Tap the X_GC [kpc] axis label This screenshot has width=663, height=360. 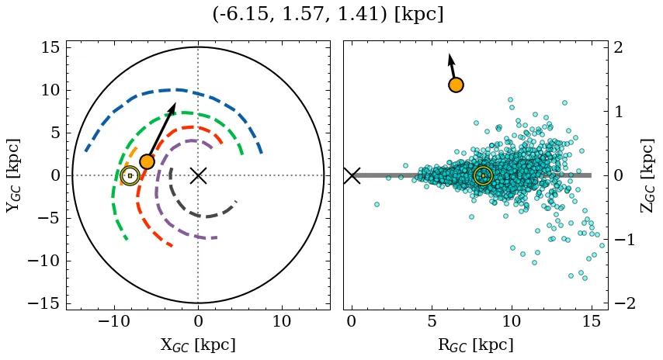tap(198, 344)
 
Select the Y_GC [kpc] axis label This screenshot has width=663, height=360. tap(13, 175)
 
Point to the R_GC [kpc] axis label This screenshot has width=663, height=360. tap(475, 344)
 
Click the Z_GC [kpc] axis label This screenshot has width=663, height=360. tap(647, 175)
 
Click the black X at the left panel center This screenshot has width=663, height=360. tap(198, 175)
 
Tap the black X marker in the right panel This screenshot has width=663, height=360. tap(352, 175)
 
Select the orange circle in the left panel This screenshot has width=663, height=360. tap(147, 161)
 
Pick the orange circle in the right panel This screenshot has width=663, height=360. tap(456, 85)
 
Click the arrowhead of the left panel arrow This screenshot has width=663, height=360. tap(173, 107)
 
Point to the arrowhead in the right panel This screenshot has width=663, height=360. tap(450, 58)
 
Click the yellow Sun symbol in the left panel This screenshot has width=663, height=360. tap(130, 176)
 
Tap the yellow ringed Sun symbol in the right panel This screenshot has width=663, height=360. tap(483, 176)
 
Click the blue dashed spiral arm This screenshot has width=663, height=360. tap(179, 90)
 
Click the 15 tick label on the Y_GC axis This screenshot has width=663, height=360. tap(50, 47)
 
